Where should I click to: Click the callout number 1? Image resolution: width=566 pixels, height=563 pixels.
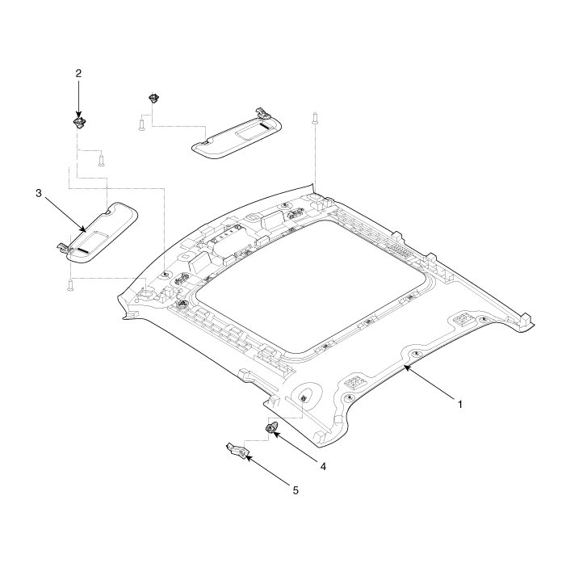pyautogui.click(x=460, y=404)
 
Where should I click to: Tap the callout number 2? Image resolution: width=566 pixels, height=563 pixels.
pyautogui.click(x=78, y=74)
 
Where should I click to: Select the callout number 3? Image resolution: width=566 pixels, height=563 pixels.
pyautogui.click(x=39, y=193)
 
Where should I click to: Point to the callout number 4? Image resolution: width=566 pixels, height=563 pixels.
pyautogui.click(x=323, y=467)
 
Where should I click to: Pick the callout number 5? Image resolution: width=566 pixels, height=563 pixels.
pyautogui.click(x=296, y=490)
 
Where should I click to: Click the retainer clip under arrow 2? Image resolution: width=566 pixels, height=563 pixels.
pyautogui.click(x=79, y=122)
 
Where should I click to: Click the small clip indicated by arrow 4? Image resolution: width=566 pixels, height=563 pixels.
pyautogui.click(x=271, y=427)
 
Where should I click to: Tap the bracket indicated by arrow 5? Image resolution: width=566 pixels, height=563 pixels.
pyautogui.click(x=238, y=451)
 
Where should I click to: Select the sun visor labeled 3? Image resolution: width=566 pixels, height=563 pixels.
pyautogui.click(x=99, y=233)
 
